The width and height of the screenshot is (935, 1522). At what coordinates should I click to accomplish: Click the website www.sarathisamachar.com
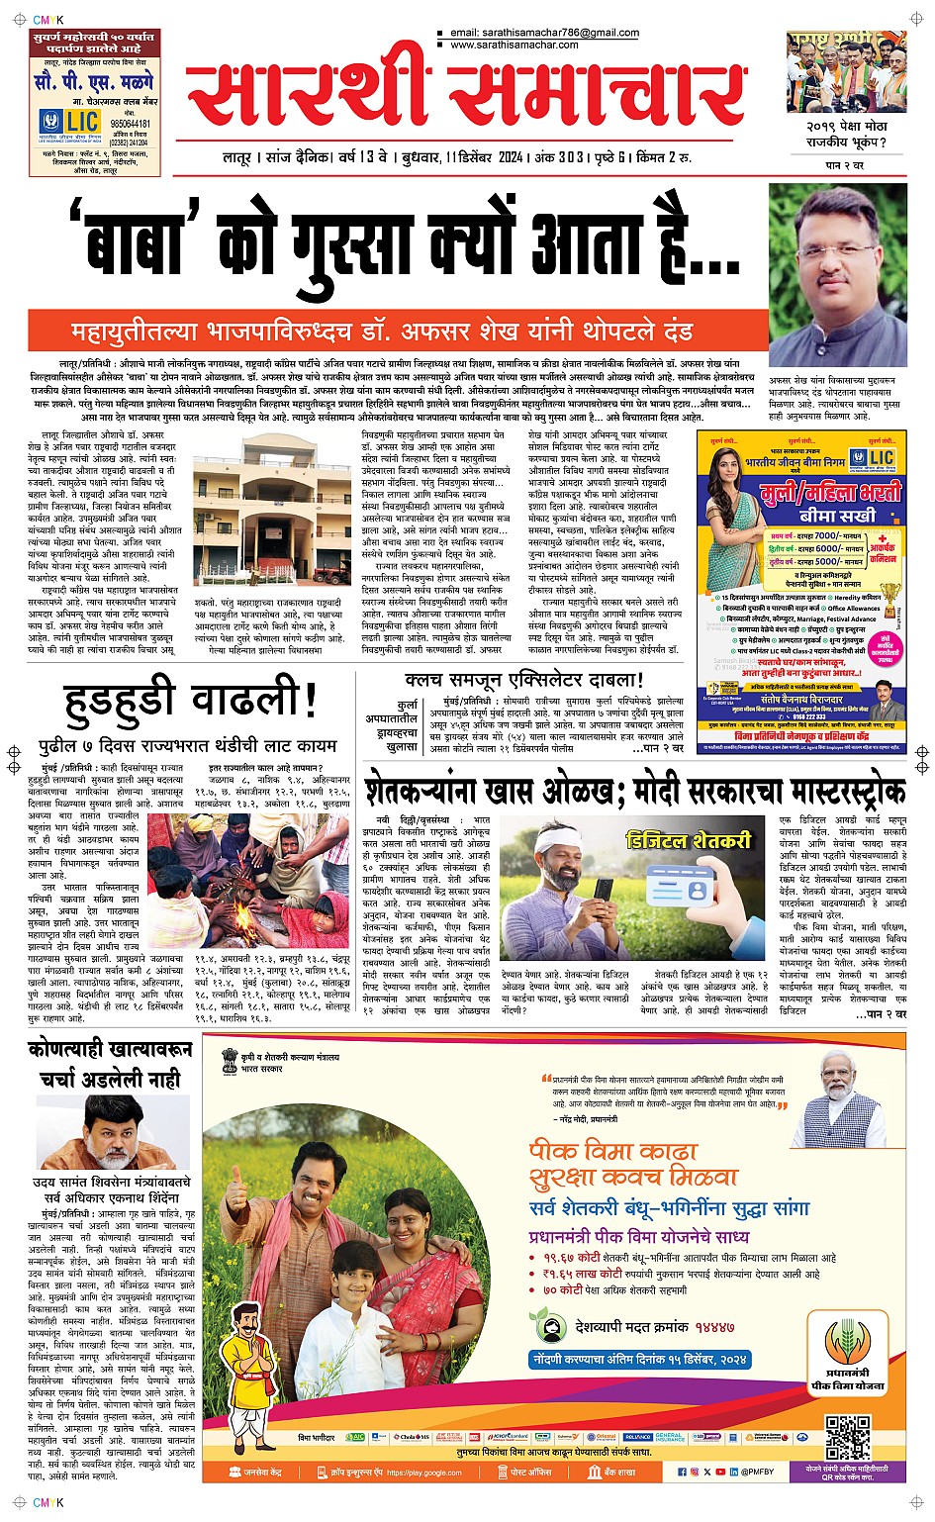click(x=514, y=46)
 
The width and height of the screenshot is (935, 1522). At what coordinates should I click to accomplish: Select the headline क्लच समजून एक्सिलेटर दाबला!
click(x=524, y=680)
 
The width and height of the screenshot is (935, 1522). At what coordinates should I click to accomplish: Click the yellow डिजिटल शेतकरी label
click(x=689, y=840)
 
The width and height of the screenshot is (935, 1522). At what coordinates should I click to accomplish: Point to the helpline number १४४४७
click(x=713, y=1327)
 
